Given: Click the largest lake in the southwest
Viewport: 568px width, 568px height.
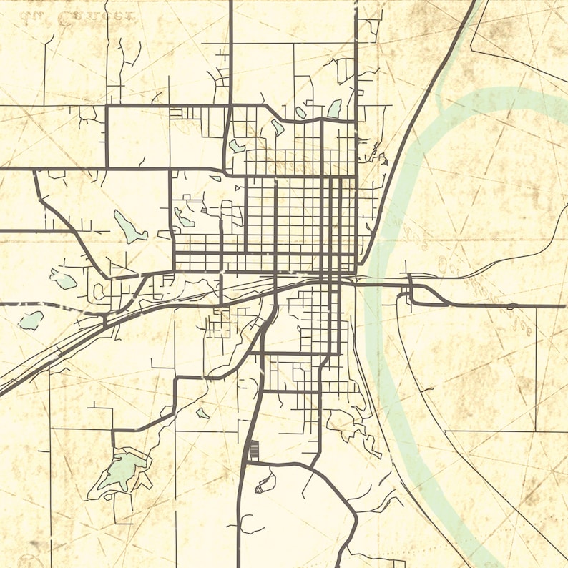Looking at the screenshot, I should (x=123, y=471).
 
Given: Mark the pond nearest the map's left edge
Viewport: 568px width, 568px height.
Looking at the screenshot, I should (x=31, y=320).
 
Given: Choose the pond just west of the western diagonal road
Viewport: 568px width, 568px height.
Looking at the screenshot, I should (x=63, y=279).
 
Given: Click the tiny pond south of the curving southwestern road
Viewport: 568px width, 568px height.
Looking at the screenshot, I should (x=203, y=413).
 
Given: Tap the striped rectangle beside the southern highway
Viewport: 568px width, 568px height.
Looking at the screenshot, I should (x=252, y=450).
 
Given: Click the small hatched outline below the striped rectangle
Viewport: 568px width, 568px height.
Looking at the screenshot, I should (x=265, y=482).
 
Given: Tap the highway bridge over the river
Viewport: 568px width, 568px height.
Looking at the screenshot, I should (x=379, y=283).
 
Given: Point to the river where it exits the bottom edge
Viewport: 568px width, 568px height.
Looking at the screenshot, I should (x=494, y=562).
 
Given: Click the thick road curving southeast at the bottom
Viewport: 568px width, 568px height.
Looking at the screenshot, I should (x=336, y=494).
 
